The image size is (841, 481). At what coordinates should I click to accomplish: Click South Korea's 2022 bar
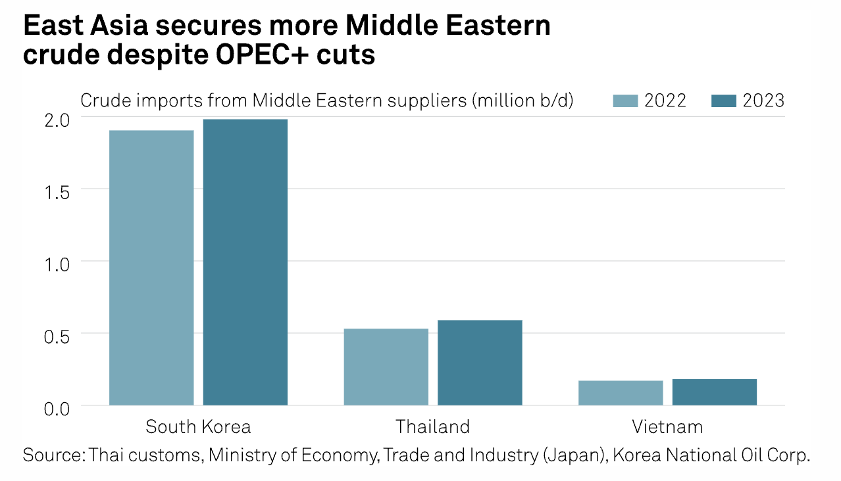pos(151,267)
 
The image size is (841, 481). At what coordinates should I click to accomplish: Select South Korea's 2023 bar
pos(245,262)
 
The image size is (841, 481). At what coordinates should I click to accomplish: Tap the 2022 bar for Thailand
pos(386,367)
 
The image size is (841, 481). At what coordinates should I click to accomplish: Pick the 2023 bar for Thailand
pos(480,362)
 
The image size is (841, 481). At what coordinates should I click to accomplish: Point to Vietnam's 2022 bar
pos(621,392)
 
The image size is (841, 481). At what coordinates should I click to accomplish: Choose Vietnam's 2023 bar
pos(714,392)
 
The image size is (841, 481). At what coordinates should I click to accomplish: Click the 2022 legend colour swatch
pos(625,101)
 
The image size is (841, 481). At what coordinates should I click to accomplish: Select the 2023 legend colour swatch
pos(724,101)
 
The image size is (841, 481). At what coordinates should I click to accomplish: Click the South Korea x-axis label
pos(198,426)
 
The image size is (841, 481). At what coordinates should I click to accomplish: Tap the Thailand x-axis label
pos(433,426)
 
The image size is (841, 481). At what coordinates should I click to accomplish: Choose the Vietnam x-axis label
pos(667,426)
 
